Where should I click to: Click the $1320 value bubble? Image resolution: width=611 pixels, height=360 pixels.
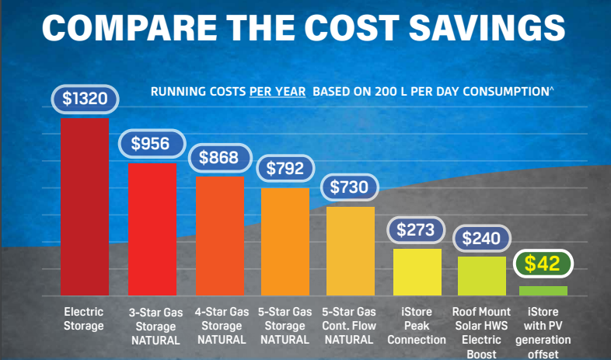click(x=85, y=100)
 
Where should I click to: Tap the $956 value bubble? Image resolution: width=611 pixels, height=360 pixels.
click(x=152, y=144)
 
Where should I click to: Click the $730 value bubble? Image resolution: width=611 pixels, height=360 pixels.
click(x=351, y=187)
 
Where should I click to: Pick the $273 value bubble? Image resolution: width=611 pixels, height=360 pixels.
click(x=417, y=230)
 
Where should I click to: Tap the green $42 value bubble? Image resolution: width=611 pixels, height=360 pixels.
click(x=543, y=264)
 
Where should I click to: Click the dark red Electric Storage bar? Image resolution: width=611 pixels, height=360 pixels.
click(x=85, y=206)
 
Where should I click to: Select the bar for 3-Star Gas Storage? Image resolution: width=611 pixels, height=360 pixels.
click(x=152, y=229)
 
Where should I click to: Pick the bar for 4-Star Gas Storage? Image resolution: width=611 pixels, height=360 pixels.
click(x=219, y=236)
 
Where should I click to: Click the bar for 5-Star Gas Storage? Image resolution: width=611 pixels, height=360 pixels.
click(x=285, y=242)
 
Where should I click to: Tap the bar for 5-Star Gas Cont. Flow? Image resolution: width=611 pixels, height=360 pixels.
click(x=351, y=251)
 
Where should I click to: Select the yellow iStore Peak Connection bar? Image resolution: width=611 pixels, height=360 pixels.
click(x=417, y=272)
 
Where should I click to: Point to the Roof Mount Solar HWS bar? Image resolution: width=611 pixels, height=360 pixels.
click(x=482, y=276)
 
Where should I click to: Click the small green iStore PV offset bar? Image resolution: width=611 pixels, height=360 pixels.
click(x=543, y=291)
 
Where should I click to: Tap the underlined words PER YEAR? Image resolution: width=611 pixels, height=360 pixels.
click(x=278, y=92)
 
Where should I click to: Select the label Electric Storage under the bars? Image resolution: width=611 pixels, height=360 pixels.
click(x=83, y=319)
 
